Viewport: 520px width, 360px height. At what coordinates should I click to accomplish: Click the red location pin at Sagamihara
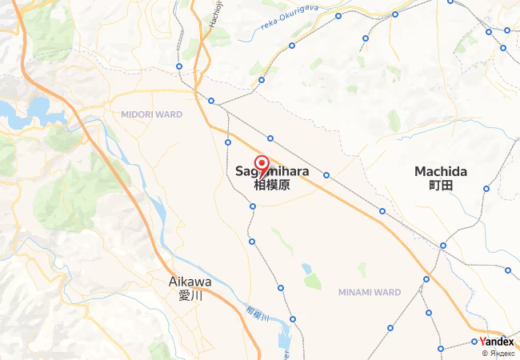[262, 162]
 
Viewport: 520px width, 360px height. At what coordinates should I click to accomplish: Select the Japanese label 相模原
[271, 185]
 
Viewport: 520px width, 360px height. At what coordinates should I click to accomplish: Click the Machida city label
[441, 171]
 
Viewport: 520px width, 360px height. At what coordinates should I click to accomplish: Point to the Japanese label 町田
[441, 185]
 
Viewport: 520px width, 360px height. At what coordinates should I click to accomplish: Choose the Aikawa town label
[190, 282]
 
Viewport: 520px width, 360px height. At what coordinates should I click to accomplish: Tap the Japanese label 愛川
[190, 294]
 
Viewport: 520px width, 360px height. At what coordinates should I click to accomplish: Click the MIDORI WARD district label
[152, 114]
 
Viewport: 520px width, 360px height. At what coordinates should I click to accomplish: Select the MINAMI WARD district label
[369, 291]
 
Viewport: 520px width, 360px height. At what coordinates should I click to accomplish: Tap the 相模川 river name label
[257, 314]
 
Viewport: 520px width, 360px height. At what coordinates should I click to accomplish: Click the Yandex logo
[496, 341]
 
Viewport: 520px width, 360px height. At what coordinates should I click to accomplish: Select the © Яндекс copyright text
[498, 353]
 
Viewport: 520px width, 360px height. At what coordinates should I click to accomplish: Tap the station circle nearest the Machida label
[486, 189]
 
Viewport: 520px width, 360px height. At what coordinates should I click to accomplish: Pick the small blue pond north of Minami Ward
[306, 268]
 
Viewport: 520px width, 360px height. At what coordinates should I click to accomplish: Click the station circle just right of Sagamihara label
[326, 174]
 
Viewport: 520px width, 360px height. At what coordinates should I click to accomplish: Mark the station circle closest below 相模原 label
[253, 206]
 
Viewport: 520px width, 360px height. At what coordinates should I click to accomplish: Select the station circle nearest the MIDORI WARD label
[211, 101]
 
